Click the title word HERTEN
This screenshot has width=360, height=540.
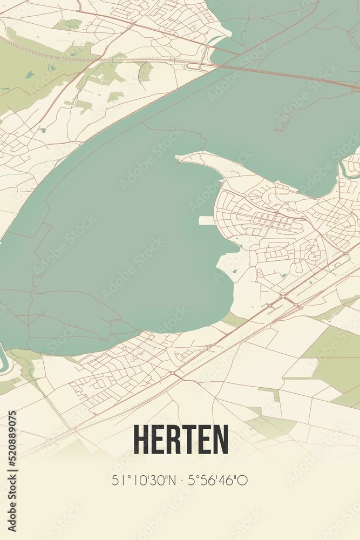point(180,439)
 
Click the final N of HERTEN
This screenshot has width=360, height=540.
point(220,439)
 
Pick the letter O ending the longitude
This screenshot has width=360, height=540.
point(244,480)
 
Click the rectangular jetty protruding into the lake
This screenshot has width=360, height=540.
point(207,220)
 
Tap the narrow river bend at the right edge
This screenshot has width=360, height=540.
point(345,172)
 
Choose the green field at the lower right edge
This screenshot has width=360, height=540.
point(335,367)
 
